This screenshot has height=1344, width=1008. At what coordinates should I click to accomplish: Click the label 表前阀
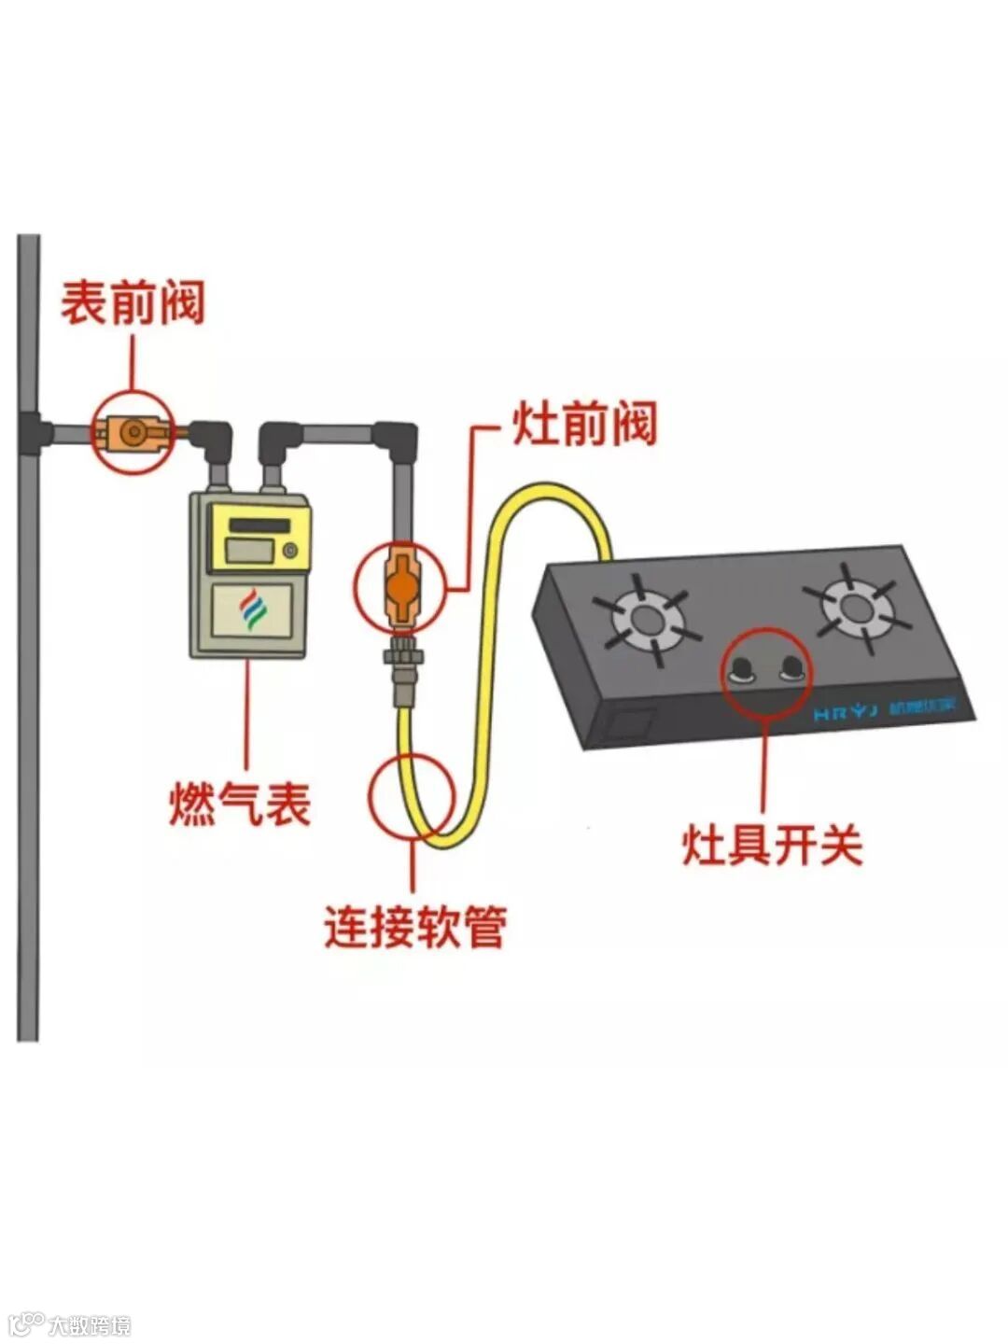[133, 303]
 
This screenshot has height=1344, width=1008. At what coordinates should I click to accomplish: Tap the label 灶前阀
[584, 425]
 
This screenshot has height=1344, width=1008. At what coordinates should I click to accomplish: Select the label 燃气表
[239, 803]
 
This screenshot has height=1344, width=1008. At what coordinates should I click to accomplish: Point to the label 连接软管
[415, 927]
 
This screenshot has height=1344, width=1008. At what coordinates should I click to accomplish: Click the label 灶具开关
[772, 846]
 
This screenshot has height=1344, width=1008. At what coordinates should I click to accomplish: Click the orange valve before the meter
[133, 432]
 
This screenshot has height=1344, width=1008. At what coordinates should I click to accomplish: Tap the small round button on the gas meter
[291, 551]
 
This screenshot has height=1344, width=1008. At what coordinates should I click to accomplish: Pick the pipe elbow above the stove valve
[397, 437]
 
